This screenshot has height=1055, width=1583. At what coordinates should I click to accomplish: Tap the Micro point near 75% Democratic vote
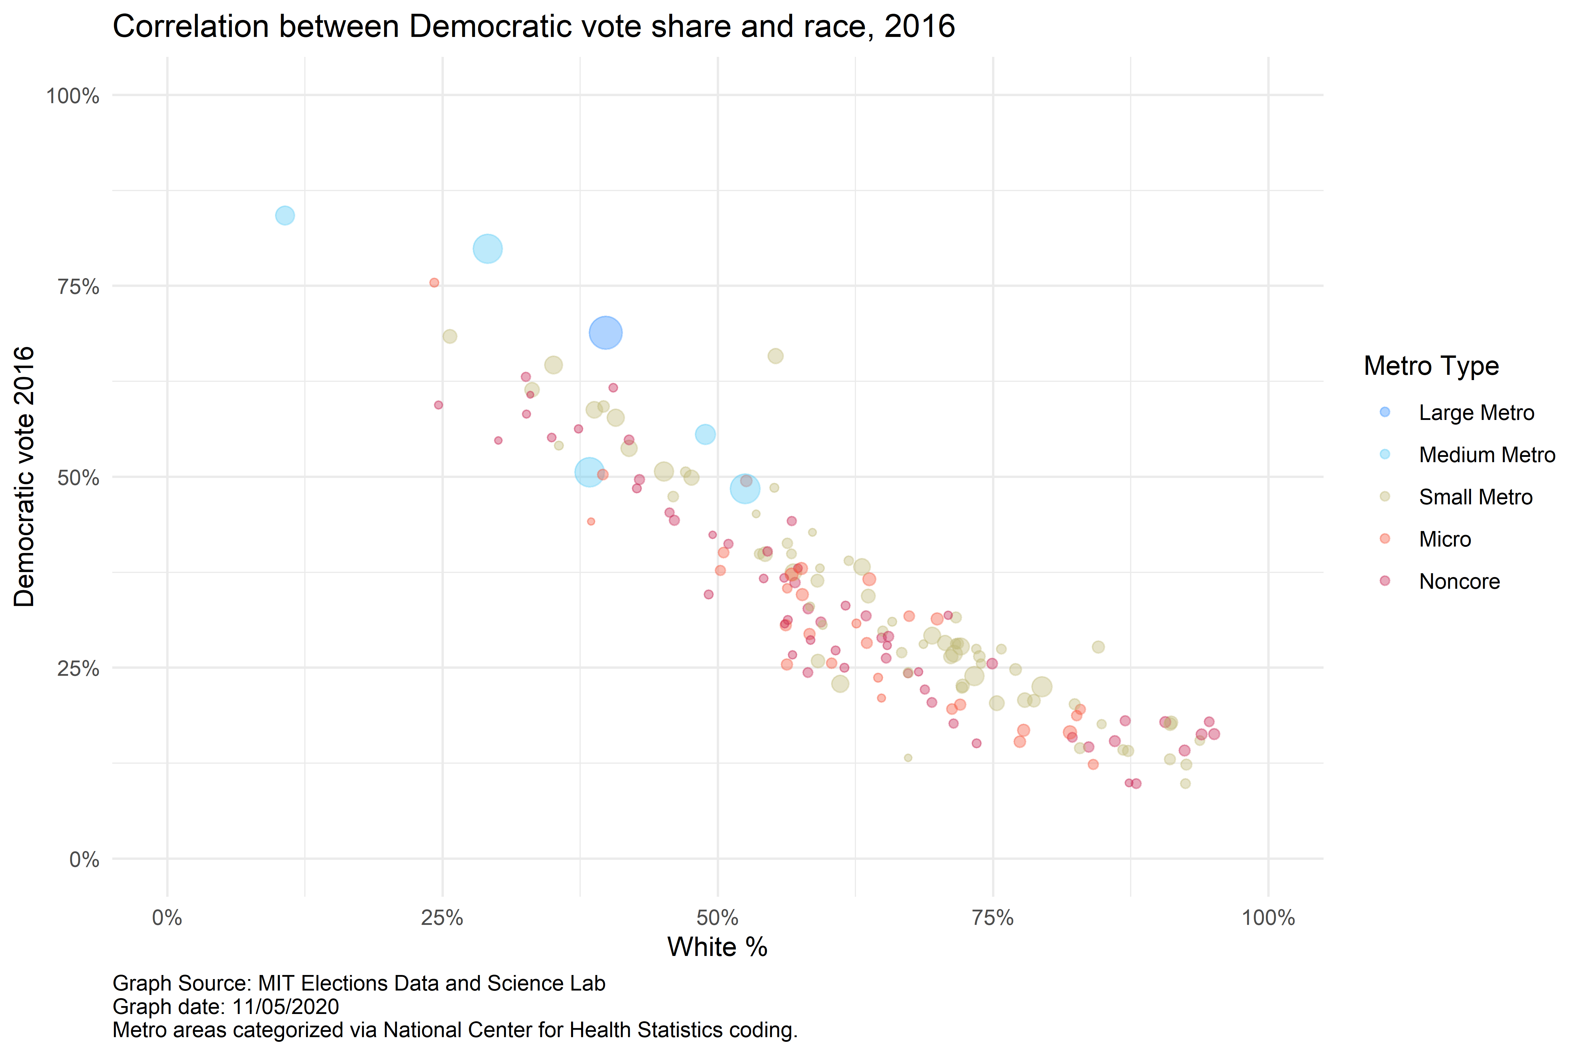point(434,283)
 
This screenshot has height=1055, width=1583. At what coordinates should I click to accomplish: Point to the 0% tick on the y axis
point(84,860)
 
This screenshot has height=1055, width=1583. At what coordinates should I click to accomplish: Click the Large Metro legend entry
point(1476,412)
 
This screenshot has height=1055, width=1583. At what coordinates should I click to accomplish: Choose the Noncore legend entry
point(1459,581)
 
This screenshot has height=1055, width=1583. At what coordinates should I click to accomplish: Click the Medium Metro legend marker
point(1385,454)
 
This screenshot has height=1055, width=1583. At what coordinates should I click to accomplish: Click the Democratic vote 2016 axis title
point(24,477)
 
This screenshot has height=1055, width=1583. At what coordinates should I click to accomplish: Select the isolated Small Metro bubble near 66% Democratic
point(775,356)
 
